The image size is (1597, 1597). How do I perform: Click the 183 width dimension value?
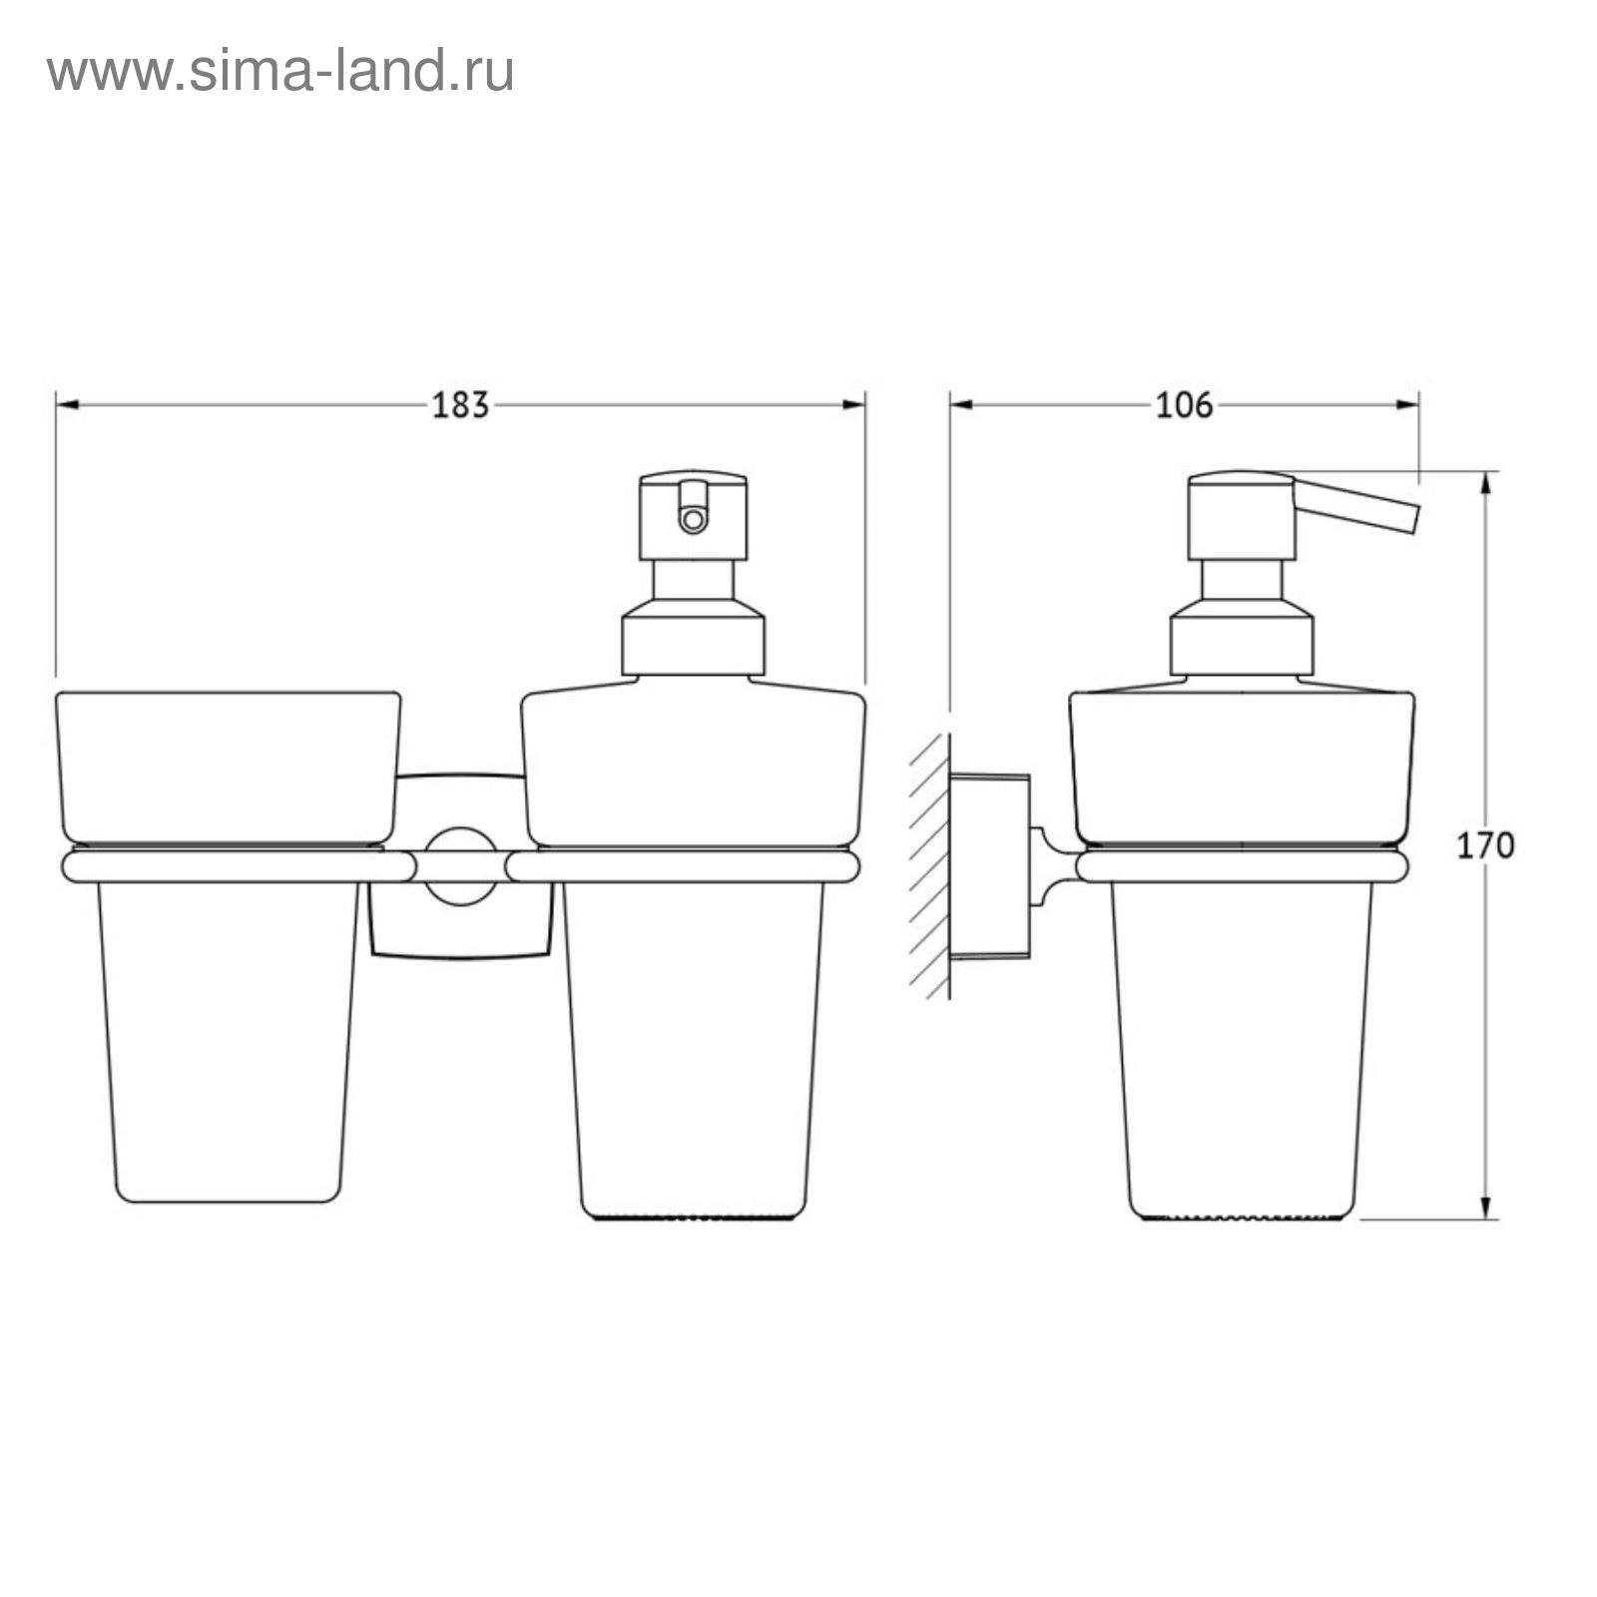tap(460, 405)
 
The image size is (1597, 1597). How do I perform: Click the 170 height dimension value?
tap(1485, 845)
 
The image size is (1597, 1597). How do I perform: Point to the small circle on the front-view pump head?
tap(692, 519)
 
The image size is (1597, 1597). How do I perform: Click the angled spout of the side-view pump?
tap(1354, 506)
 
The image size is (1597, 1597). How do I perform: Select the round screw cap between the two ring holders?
tap(460, 866)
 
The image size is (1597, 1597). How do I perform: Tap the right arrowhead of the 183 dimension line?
tap(854, 404)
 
